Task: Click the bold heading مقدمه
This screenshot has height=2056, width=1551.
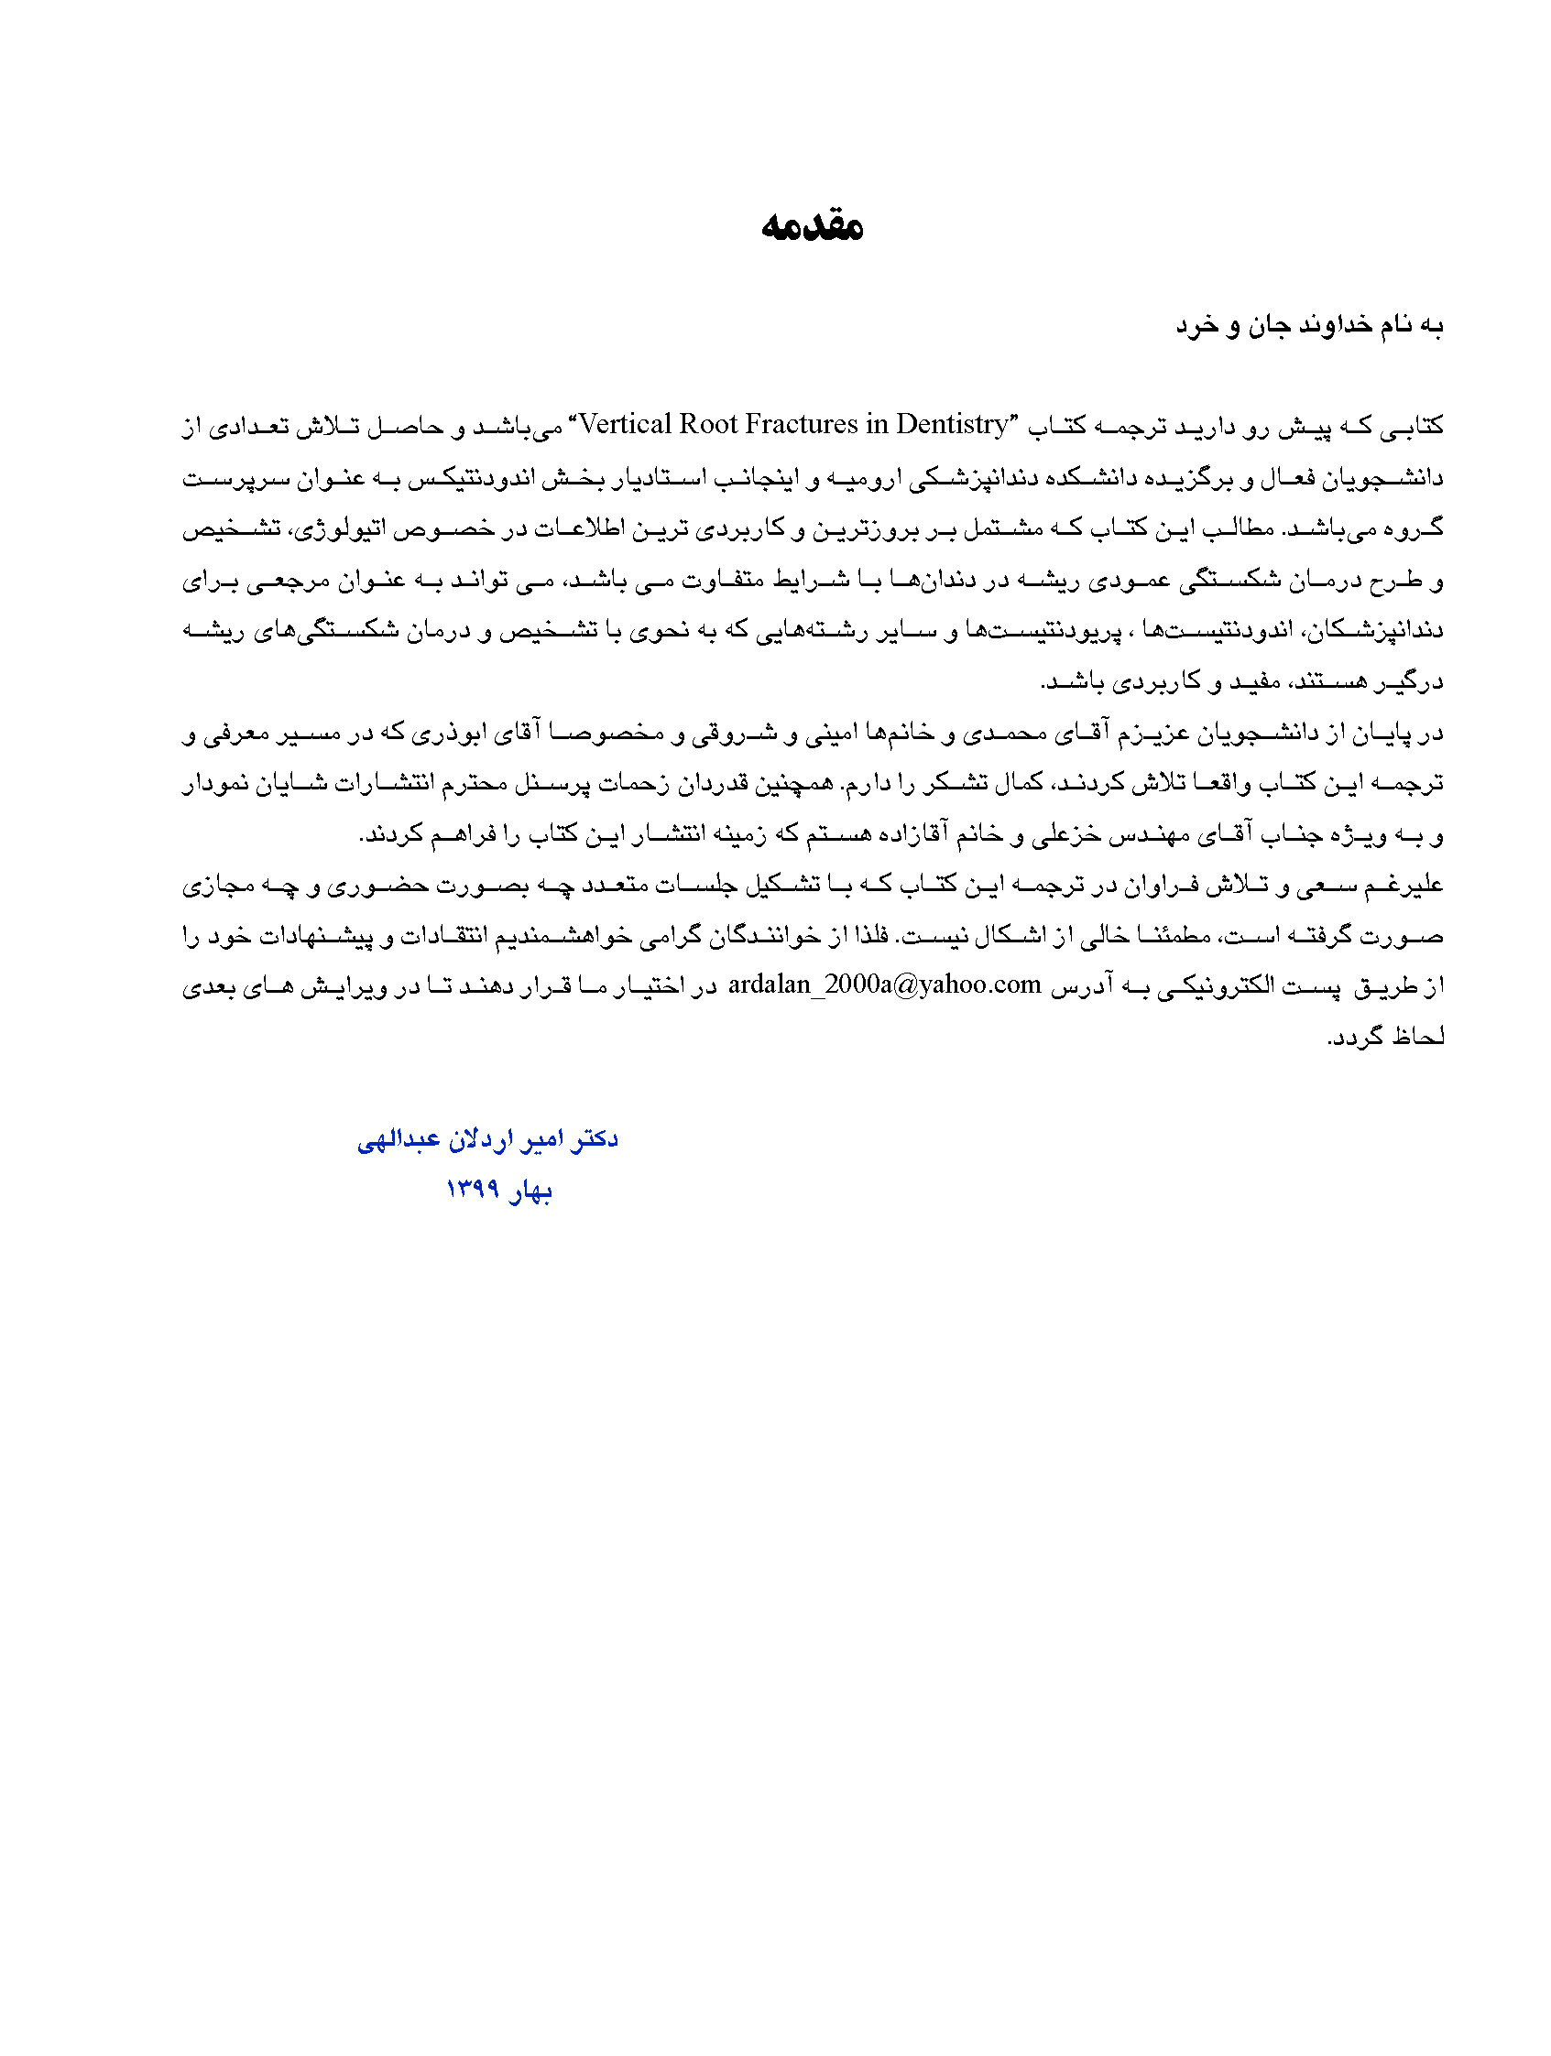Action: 812,226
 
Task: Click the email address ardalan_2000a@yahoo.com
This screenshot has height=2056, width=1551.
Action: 883,985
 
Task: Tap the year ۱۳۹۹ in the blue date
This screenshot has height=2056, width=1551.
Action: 474,1189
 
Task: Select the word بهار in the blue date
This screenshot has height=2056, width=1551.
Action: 530,1191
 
